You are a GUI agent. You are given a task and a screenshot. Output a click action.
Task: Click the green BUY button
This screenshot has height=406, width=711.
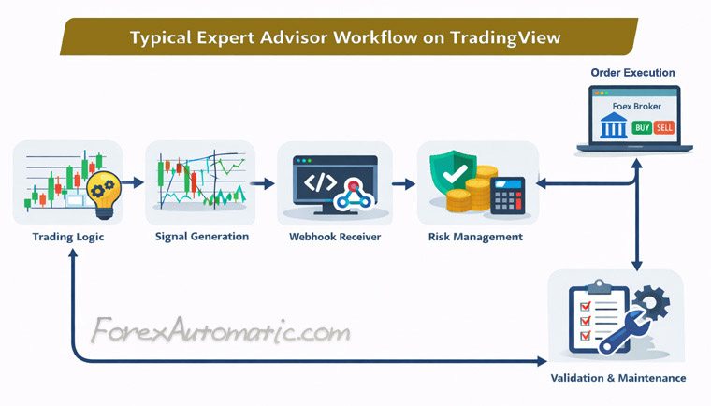(642, 127)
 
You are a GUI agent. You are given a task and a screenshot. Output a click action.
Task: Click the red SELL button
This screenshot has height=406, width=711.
(664, 127)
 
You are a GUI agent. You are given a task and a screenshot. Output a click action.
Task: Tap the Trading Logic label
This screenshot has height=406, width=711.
(68, 238)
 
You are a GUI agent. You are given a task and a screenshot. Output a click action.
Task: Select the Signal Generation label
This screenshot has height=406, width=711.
(202, 237)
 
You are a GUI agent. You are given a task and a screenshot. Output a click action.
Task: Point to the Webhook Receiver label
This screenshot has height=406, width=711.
(334, 237)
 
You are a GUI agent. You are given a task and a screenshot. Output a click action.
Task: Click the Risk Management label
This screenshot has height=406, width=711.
(476, 237)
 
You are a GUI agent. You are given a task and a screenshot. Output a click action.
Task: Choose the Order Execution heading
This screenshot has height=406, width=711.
(632, 73)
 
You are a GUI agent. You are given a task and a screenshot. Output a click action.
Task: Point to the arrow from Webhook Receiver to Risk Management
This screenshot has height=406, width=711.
(403, 183)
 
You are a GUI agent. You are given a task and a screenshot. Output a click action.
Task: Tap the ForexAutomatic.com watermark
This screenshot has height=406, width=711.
(221, 331)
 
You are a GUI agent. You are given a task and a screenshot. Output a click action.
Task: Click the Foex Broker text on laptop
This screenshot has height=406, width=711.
(636, 107)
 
